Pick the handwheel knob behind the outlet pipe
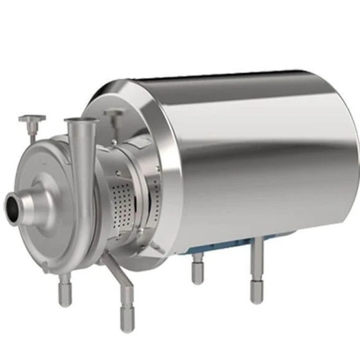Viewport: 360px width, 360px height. [114, 114]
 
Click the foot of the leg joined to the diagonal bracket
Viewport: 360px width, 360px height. [126, 318]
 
